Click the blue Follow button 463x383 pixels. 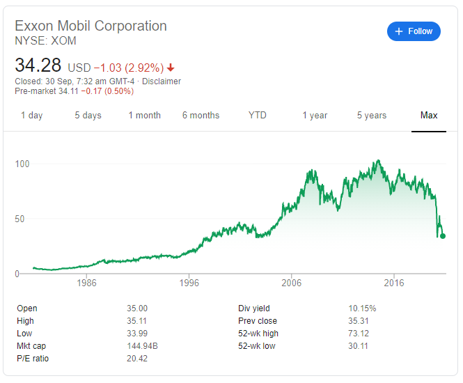[x=414, y=31]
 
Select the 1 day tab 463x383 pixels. [x=31, y=116]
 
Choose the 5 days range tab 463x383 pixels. [x=88, y=116]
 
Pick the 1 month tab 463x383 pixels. [x=144, y=116]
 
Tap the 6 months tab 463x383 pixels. [x=201, y=116]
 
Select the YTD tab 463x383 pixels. [x=258, y=116]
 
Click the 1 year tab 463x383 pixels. [x=315, y=116]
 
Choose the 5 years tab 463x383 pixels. [x=372, y=116]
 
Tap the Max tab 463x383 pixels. [x=429, y=116]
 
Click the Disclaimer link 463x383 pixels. [x=162, y=81]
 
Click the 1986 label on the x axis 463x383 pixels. [x=87, y=283]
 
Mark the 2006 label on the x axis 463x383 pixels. [x=291, y=283]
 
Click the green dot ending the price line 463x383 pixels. [x=443, y=236]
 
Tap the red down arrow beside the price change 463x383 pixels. [x=171, y=68]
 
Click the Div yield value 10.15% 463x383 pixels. [x=363, y=308]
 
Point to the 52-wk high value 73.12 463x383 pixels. [x=360, y=334]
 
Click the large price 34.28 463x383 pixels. [x=39, y=67]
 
